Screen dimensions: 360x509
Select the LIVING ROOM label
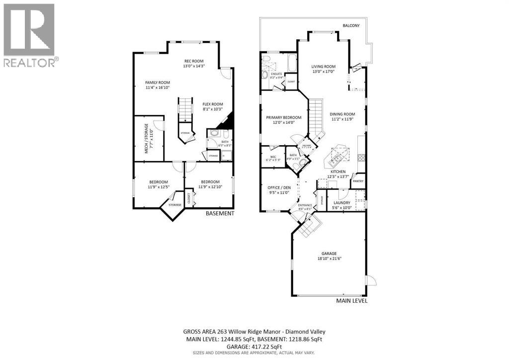pyautogui.click(x=323, y=66)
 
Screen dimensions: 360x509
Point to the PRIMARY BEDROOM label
pyautogui.click(x=283, y=117)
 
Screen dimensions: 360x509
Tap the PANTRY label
pyautogui.click(x=358, y=182)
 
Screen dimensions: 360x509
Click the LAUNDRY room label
pyautogui.click(x=342, y=202)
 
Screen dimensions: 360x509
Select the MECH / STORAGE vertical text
pyautogui.click(x=147, y=139)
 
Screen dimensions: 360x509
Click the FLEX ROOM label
pyautogui.click(x=212, y=104)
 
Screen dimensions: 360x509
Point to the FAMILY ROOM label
pyautogui.click(x=158, y=83)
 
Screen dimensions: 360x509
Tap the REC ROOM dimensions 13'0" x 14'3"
pyautogui.click(x=194, y=66)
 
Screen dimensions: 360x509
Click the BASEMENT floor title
pyautogui.click(x=220, y=213)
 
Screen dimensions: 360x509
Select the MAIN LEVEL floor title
pyautogui.click(x=352, y=301)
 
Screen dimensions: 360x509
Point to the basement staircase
pyautogui.click(x=185, y=109)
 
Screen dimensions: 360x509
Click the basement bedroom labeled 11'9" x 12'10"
pyautogui.click(x=208, y=184)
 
